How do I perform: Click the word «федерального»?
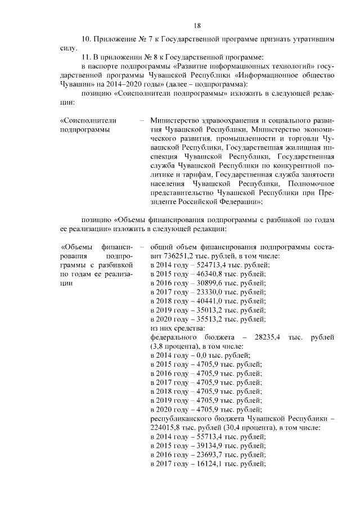pyautogui.click(x=173, y=336)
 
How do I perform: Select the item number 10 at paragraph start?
pyautogui.click(x=86, y=40)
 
